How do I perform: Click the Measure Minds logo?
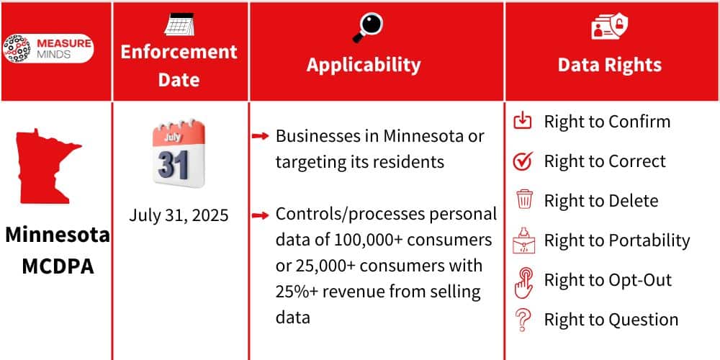tap(48, 48)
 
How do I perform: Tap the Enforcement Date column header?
tap(179, 65)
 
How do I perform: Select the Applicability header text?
tap(364, 64)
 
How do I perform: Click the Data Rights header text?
tap(609, 65)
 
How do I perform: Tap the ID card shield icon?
tap(610, 27)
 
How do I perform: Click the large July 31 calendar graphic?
tap(179, 155)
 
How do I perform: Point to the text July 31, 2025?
tap(179, 215)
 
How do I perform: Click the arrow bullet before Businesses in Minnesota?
tap(261, 136)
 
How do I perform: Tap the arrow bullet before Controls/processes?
tap(261, 215)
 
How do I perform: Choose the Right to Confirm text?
tap(607, 122)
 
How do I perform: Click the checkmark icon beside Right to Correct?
tap(523, 161)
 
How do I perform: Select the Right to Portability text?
tap(616, 240)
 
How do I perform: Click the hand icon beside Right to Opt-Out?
tap(523, 282)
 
